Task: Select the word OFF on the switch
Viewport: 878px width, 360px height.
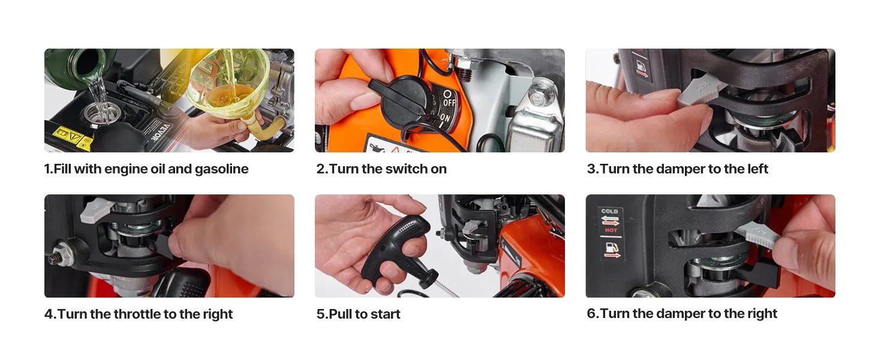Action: pos(449,103)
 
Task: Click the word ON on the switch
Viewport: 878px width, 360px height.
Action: pos(445,118)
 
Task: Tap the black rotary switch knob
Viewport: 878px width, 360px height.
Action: pos(402,100)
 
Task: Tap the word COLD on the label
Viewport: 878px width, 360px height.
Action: pos(609,211)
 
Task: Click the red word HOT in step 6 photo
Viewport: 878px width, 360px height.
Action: pos(611,230)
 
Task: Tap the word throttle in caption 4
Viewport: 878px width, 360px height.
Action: pos(137,314)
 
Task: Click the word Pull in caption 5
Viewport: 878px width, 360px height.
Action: pos(340,314)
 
